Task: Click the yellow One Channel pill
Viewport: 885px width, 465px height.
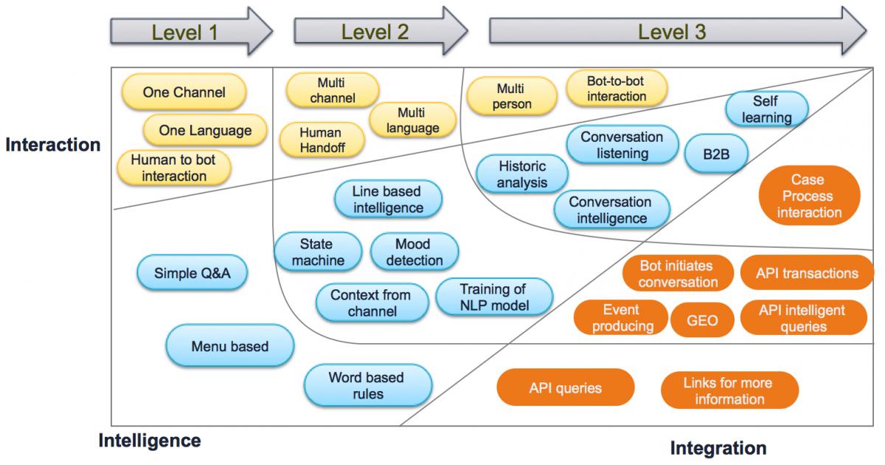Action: tap(184, 92)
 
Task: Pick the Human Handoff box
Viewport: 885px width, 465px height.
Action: tap(321, 140)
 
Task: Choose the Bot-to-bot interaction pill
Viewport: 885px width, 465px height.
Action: tap(617, 88)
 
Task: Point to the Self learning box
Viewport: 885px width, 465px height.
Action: tap(766, 109)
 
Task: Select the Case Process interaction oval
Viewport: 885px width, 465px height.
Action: tap(810, 196)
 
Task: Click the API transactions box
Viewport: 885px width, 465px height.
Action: tap(807, 273)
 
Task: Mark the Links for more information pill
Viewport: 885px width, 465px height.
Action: tap(729, 390)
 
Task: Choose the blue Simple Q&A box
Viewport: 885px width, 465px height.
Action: tap(192, 273)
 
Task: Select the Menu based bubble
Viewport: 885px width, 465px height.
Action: tap(230, 345)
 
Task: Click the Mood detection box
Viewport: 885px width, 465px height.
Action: tap(414, 252)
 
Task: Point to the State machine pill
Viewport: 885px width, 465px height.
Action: tap(318, 252)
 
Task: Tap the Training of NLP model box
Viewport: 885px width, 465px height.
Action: tap(493, 297)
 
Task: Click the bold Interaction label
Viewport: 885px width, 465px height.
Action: tap(53, 145)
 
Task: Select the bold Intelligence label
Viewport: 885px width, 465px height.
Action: tap(150, 441)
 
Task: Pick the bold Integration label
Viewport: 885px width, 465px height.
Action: tap(718, 447)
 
